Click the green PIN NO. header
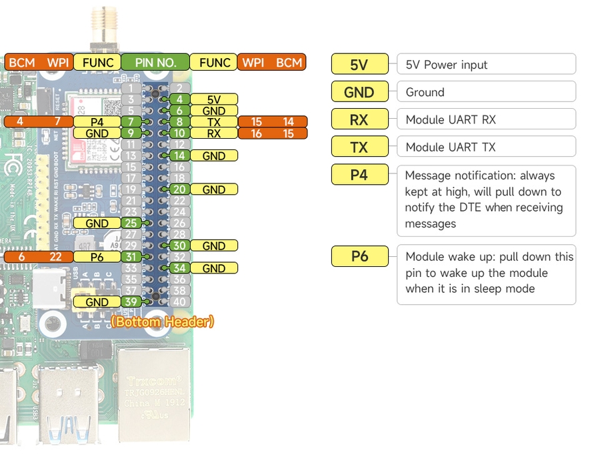(155, 62)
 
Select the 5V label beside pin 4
(213, 99)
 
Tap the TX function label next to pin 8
(213, 122)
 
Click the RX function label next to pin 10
(213, 133)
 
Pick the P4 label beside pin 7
(97, 122)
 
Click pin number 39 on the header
(131, 302)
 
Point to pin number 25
(131, 223)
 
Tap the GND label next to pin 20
(213, 189)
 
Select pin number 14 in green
(179, 155)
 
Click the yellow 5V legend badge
(359, 65)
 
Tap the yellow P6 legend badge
(359, 256)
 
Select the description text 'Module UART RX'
(451, 119)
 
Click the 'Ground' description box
(485, 92)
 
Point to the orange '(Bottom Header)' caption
(162, 322)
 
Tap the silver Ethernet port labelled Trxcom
(154, 394)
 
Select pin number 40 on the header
(179, 302)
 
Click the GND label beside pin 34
(213, 268)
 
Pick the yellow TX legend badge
(359, 147)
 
